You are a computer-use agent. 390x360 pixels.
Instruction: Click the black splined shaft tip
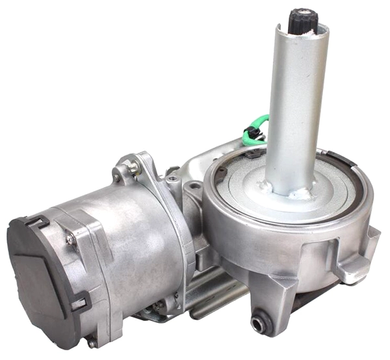(x=302, y=20)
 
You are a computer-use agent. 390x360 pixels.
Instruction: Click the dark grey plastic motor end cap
(x=39, y=273)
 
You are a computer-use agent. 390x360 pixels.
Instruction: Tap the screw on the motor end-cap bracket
(x=70, y=240)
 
